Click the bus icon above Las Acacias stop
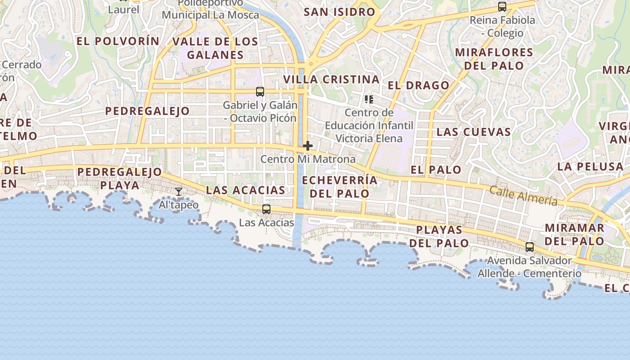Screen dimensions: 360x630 click(x=266, y=209)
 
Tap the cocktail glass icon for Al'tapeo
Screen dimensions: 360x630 click(x=179, y=192)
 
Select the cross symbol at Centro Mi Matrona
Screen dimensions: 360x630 click(x=308, y=146)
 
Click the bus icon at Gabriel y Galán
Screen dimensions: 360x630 click(x=260, y=92)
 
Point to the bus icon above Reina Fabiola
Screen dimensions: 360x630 click(x=502, y=7)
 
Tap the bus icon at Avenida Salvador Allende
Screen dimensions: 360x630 click(x=530, y=247)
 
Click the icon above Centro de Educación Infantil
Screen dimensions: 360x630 click(x=369, y=99)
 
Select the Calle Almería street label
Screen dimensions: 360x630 click(x=523, y=196)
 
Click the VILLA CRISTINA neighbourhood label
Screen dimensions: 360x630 click(x=331, y=80)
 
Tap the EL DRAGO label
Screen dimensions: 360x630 click(x=418, y=85)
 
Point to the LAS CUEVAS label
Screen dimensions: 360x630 click(x=474, y=132)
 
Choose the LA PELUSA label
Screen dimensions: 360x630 click(x=590, y=167)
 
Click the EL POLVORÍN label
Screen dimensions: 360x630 click(x=118, y=41)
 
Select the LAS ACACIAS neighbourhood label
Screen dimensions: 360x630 click(x=245, y=190)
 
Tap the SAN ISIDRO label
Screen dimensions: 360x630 click(x=339, y=12)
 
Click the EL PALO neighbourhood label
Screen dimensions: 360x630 click(x=436, y=170)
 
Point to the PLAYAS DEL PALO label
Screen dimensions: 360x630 click(x=439, y=237)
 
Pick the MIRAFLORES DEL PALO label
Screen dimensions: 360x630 click(x=494, y=59)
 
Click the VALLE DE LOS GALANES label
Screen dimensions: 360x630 click(x=215, y=49)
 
